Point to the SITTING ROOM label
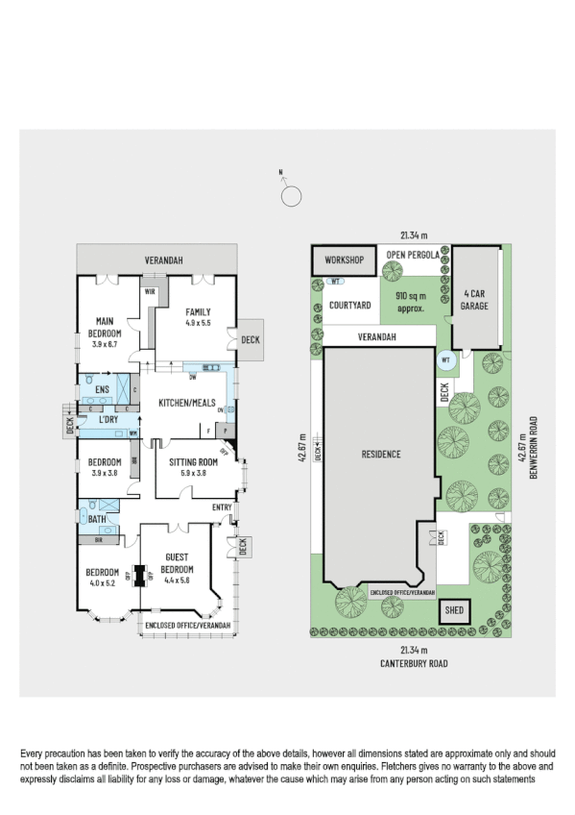click(x=193, y=461)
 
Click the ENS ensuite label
click(x=102, y=388)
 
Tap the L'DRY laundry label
click(x=108, y=420)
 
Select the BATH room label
click(x=96, y=519)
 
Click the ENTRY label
click(x=222, y=506)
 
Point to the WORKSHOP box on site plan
click(x=343, y=260)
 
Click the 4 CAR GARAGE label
click(x=475, y=300)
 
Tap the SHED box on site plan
click(x=451, y=609)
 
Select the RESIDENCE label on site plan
click(x=380, y=454)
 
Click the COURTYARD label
click(x=349, y=305)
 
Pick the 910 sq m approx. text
click(x=417, y=303)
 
